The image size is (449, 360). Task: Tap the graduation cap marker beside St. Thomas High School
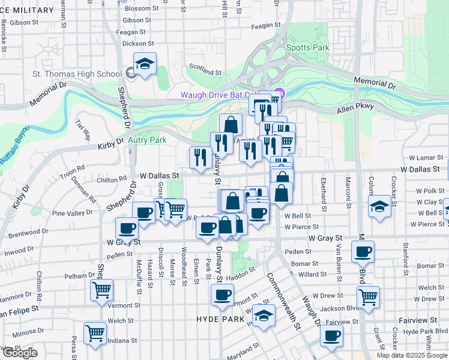coord(145,65)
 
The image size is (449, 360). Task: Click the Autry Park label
coord(147,140)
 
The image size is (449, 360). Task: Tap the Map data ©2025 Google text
coord(412,355)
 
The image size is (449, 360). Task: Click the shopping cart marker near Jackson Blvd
coord(368,296)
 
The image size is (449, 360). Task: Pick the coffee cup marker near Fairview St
coord(331,335)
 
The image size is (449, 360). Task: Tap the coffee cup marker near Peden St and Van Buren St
coord(363,252)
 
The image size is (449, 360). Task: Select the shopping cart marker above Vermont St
coord(102,290)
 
